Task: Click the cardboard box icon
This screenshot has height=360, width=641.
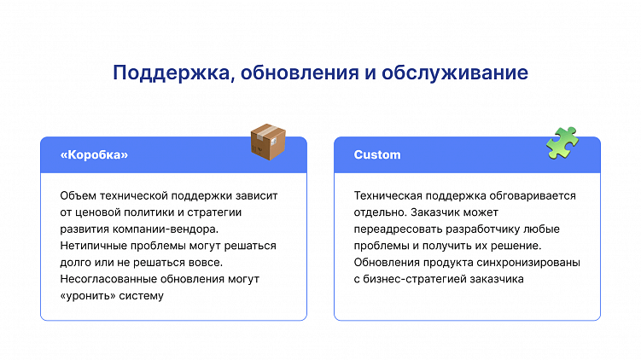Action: (267, 142)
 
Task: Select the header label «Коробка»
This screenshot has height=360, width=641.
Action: (94, 155)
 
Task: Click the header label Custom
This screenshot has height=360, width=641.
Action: (377, 155)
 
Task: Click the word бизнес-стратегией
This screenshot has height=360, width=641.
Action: (414, 279)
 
